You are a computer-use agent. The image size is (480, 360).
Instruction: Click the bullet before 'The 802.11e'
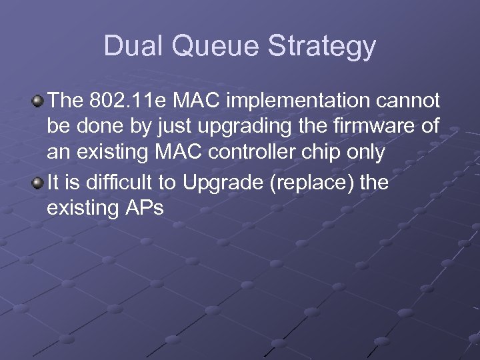pos(39,101)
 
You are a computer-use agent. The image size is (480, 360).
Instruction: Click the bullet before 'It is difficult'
pos(39,182)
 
